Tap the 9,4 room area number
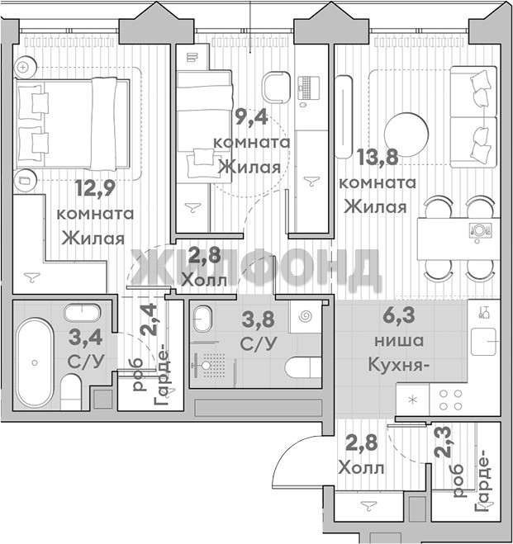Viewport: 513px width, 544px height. (x=251, y=116)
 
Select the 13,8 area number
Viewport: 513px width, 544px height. (x=378, y=156)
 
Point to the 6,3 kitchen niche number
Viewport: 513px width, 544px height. (x=398, y=315)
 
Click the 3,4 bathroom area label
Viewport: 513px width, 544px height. (x=85, y=338)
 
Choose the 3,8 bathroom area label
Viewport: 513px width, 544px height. (x=258, y=319)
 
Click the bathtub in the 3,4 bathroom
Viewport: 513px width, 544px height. (x=35, y=363)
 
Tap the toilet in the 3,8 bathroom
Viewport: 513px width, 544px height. (x=303, y=367)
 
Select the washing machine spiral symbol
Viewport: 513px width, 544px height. (x=306, y=316)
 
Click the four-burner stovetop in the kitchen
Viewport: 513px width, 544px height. (x=450, y=400)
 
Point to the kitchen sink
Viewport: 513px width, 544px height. (x=483, y=342)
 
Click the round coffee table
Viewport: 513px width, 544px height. (x=406, y=134)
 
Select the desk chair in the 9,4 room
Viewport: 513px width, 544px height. (x=276, y=87)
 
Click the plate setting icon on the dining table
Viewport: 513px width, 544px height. (x=480, y=229)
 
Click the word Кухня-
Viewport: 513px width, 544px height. (x=397, y=365)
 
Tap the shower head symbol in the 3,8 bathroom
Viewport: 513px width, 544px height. (x=206, y=366)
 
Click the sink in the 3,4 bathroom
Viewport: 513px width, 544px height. (x=83, y=313)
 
